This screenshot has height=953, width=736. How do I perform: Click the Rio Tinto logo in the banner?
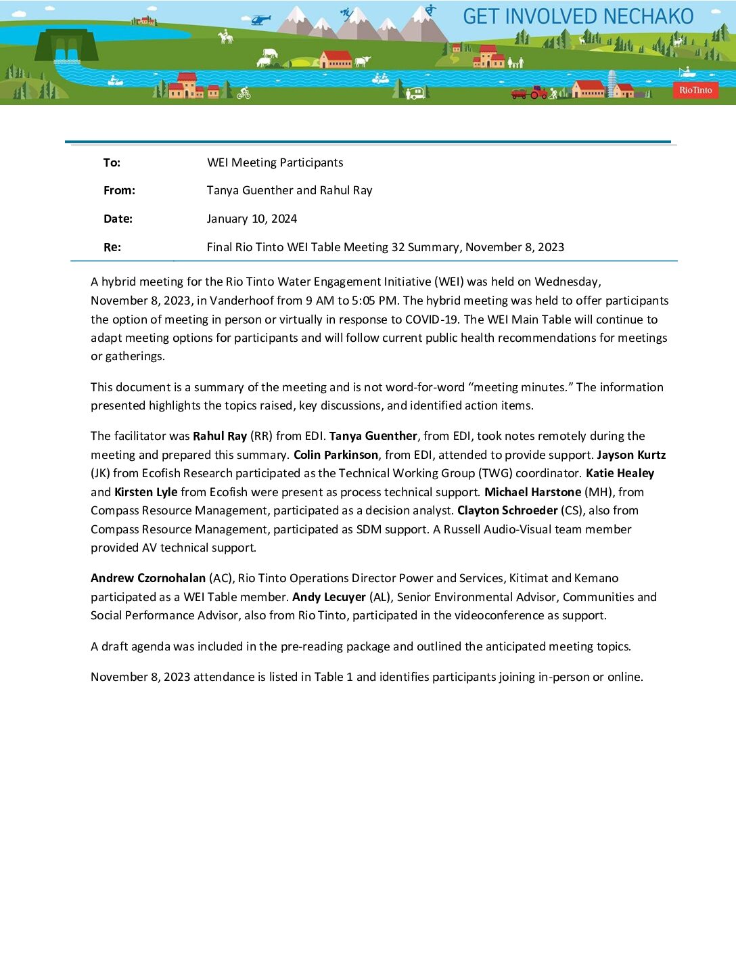(695, 90)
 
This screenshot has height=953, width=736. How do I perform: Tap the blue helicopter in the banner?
(260, 20)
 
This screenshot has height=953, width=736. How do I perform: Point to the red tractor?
(538, 92)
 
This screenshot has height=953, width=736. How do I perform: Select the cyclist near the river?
(244, 93)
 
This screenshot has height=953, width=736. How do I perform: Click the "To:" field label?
(112, 162)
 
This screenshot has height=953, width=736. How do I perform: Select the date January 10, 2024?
(252, 219)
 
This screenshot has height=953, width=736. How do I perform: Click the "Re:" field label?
(112, 247)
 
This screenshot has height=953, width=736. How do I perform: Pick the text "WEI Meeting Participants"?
(275, 162)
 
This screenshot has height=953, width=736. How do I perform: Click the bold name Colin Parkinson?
(336, 455)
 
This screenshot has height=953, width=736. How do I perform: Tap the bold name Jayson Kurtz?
(631, 455)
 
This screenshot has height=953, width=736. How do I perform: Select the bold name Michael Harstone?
(532, 492)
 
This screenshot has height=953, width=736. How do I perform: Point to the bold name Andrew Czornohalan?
(148, 578)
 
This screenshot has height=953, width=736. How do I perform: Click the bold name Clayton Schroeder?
(507, 510)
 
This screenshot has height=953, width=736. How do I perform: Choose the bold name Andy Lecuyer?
(329, 597)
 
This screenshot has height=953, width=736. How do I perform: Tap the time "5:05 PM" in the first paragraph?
(374, 301)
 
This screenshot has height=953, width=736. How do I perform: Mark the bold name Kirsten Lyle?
(145, 492)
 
